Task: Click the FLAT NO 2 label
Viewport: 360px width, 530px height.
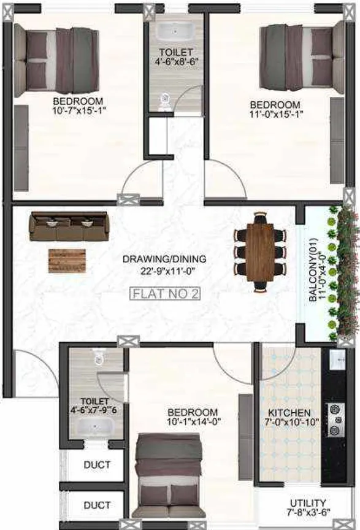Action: (166, 294)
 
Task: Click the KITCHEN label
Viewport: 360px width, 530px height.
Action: (289, 413)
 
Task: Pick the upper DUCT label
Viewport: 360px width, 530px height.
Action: (97, 465)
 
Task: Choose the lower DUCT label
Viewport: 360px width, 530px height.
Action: (97, 505)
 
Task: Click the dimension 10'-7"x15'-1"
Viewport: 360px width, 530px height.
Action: (77, 111)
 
